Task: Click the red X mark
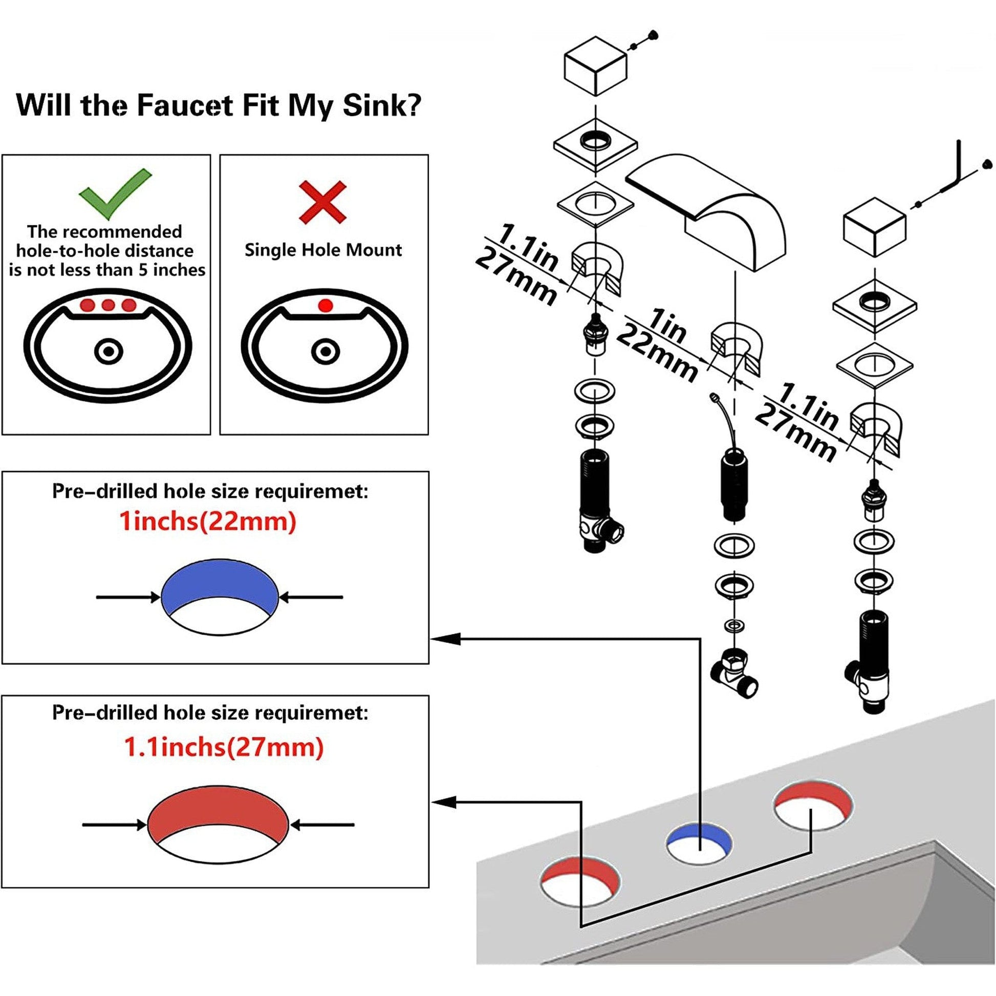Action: [x=323, y=202]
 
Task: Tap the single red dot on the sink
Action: [x=325, y=306]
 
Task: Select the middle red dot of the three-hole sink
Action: [x=108, y=305]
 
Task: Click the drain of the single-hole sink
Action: [x=325, y=352]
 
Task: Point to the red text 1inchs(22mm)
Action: [x=208, y=521]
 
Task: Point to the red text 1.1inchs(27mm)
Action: [x=224, y=746]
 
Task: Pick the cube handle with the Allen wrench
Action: [x=874, y=227]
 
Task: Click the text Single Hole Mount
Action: [x=323, y=250]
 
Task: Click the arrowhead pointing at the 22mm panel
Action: [x=439, y=639]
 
